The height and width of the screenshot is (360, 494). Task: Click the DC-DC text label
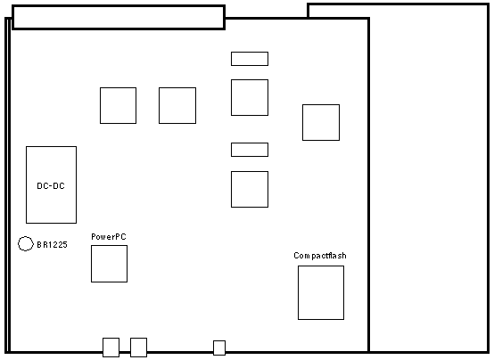click(51, 186)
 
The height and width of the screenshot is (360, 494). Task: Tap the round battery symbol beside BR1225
click(19, 243)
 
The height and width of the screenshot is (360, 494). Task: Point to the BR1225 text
click(52, 245)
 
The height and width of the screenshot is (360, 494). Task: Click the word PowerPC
click(109, 236)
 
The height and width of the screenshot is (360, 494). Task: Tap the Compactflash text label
click(320, 256)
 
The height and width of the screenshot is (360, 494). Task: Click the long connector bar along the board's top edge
click(119, 17)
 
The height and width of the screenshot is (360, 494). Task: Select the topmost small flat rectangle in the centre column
click(250, 59)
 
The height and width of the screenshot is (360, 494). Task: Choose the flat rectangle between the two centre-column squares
click(250, 150)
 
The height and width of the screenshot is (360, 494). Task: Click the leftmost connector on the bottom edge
click(111, 348)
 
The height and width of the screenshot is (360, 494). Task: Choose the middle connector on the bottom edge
click(138, 348)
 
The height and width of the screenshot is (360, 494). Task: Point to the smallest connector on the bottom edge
click(219, 348)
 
